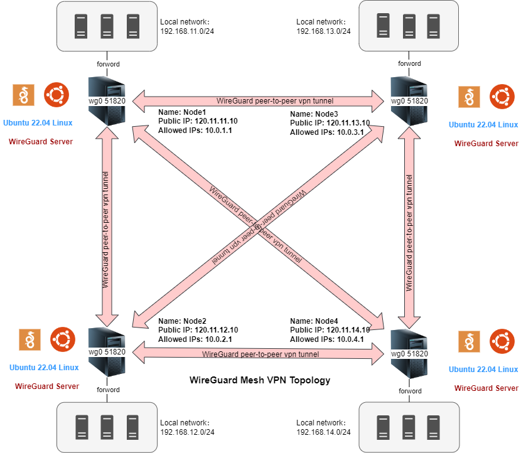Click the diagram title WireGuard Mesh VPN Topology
tap(260, 380)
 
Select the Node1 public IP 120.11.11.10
tap(216, 121)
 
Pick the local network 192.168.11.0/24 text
tap(188, 29)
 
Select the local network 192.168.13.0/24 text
tap(323, 31)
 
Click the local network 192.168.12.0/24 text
tap(188, 432)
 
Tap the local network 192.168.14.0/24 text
tap(323, 432)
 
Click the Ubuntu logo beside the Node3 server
tap(501, 96)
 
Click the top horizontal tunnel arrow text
tap(274, 100)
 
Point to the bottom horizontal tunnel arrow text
tap(260, 354)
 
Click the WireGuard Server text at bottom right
tap(486, 388)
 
